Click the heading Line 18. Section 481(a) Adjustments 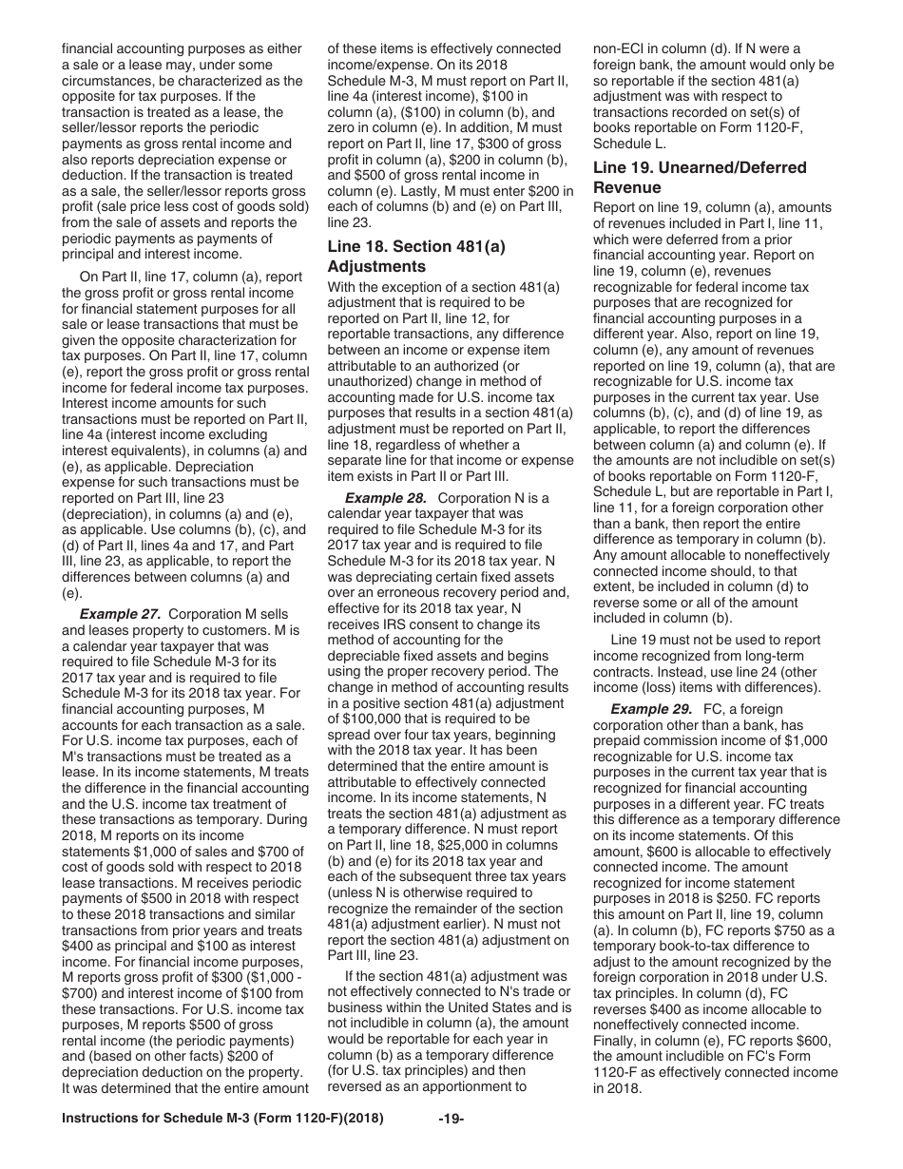[x=415, y=257]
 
